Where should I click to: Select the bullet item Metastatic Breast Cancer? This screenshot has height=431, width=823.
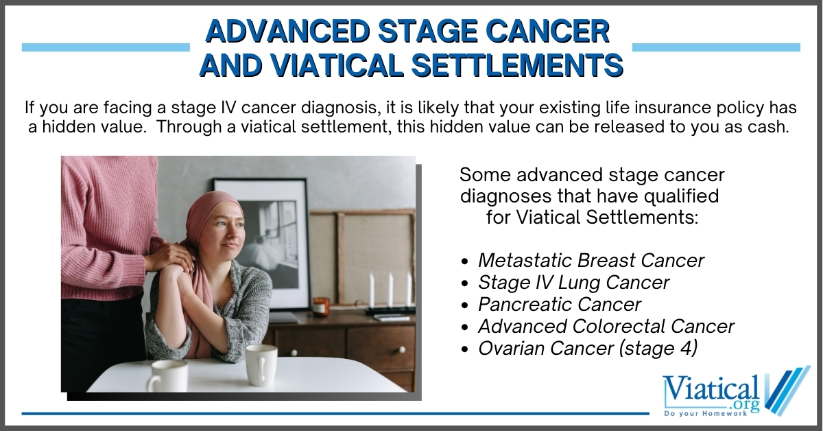591,261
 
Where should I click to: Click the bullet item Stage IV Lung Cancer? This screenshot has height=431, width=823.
573,283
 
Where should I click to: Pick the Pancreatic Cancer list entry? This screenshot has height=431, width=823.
560,304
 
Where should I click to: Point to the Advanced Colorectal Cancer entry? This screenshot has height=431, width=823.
606,326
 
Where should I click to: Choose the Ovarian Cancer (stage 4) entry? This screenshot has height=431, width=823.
587,348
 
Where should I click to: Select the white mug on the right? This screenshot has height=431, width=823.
261,364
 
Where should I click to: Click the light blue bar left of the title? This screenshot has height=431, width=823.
106,47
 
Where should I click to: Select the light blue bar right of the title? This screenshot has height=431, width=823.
716,47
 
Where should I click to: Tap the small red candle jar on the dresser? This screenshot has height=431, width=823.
321,306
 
